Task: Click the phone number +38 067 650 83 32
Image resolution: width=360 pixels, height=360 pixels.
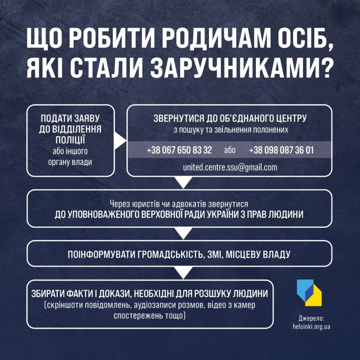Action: (x=179, y=150)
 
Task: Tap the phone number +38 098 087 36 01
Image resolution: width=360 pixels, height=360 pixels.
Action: (x=281, y=150)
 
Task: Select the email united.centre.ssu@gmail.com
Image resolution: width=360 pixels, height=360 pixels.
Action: (x=230, y=167)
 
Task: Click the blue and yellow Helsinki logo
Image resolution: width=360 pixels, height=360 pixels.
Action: (x=309, y=292)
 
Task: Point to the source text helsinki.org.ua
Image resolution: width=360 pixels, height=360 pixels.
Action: (x=311, y=326)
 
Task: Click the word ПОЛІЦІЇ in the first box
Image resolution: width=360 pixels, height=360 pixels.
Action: (x=70, y=140)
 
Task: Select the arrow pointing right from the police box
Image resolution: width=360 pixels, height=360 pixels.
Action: (x=120, y=141)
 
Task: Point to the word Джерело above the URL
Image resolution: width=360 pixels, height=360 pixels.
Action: (x=311, y=318)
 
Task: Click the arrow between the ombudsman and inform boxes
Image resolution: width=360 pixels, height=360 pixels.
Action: (x=183, y=234)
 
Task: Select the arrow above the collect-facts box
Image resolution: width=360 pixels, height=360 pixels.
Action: (x=183, y=273)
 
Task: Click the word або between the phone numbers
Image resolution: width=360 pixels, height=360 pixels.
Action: (x=230, y=150)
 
